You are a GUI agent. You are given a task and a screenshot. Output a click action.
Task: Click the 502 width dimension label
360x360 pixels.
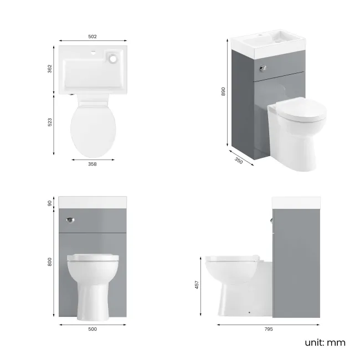tap(92, 37)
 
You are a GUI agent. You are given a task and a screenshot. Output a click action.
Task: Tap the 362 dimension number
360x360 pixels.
tap(50, 69)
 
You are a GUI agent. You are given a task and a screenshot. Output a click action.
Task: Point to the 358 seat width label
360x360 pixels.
tap(93, 164)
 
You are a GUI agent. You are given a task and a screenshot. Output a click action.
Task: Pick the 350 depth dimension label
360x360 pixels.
tap(239, 161)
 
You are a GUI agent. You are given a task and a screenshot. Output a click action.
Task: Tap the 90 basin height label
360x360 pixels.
tap(50, 203)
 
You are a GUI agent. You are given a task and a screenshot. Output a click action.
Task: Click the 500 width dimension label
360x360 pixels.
tap(92, 329)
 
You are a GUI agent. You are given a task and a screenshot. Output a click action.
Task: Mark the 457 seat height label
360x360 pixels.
tap(198, 284)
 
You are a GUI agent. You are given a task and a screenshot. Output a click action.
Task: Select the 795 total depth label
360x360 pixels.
tap(268, 329)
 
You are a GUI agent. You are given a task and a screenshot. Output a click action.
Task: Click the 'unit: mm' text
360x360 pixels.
tap(325, 342)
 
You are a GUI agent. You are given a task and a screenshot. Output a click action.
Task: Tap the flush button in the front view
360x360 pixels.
tap(70, 220)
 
